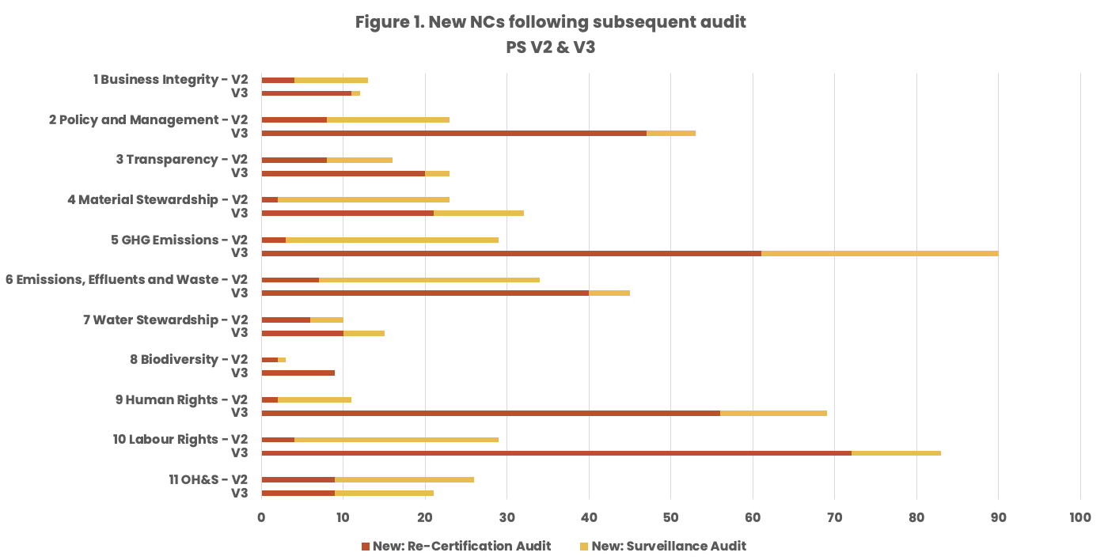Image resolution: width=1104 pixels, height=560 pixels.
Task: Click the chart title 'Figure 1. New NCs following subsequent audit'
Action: coord(550,22)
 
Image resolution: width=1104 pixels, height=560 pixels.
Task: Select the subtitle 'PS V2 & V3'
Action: coord(550,47)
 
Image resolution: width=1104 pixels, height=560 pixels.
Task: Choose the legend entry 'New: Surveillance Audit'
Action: coord(668,546)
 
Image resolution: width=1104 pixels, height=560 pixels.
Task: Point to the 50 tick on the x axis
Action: coord(670,517)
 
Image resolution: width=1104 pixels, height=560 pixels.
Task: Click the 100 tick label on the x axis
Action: coord(1079,517)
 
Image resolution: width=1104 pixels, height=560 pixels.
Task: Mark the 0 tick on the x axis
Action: coord(261,517)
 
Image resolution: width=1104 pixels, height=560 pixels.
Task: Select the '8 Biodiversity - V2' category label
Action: coord(189,359)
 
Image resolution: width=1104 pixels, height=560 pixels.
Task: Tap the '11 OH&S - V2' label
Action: coord(208,479)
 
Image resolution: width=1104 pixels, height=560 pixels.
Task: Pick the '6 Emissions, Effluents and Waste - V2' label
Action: coord(127,279)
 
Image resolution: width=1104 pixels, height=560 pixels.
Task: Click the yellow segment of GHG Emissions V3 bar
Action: coord(879,253)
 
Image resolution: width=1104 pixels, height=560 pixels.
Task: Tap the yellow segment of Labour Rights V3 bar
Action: coord(896,452)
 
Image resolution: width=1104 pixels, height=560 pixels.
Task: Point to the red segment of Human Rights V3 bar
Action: coord(490,412)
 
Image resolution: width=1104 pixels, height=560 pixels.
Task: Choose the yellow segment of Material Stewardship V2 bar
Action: coord(363,199)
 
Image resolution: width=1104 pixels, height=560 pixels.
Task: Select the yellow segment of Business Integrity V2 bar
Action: coord(331,80)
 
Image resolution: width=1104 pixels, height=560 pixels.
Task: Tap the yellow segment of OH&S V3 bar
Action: coord(384,493)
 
